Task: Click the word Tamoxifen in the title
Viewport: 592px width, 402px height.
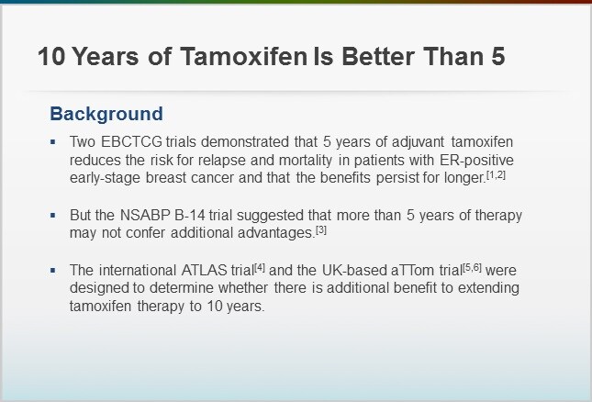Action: pos(244,56)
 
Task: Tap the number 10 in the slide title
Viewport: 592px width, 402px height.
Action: pos(51,56)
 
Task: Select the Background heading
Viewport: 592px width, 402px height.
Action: pos(106,114)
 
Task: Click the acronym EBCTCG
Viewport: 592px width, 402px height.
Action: pos(131,142)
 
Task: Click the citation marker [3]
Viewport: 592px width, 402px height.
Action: pos(321,229)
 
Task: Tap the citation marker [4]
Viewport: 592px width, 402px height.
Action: pos(260,268)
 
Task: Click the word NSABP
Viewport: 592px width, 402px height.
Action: pos(145,215)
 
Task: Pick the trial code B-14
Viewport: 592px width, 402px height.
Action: pos(190,215)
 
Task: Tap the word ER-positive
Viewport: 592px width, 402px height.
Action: pos(476,160)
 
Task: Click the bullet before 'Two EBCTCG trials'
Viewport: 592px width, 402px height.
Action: pos(53,142)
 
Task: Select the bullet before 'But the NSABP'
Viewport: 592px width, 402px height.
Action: pos(53,215)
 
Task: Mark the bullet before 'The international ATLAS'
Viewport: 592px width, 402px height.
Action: pos(53,270)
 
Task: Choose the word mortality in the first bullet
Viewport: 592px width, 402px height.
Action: pos(306,160)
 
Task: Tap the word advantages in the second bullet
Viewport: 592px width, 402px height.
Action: pos(276,233)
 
